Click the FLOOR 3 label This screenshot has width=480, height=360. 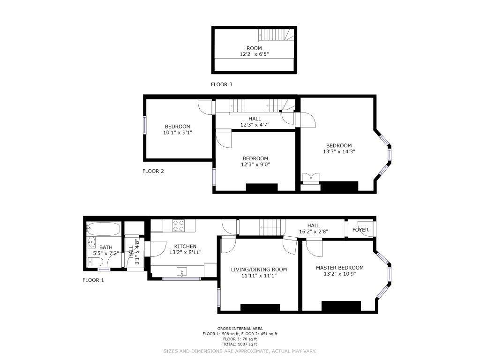[221, 84]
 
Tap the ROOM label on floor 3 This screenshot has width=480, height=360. [254, 48]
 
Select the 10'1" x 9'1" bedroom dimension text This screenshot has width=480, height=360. [178, 133]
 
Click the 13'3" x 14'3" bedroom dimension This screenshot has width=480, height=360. [339, 151]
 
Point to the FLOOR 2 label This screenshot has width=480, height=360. [153, 171]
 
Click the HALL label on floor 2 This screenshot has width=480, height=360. [255, 119]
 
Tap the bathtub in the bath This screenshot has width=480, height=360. [103, 229]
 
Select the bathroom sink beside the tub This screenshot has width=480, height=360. [91, 242]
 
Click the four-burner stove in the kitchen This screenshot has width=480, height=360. [179, 226]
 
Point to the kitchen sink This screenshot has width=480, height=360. [182, 271]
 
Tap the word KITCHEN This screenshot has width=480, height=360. [185, 247]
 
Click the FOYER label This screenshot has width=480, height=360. [360, 230]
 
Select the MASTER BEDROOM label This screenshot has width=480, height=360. [340, 268]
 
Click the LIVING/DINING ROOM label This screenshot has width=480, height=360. [259, 270]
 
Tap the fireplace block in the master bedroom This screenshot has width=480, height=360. [341, 306]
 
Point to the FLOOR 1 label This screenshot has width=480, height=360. [93, 280]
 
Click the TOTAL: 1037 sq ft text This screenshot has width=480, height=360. [240, 345]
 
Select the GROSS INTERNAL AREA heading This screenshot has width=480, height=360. [240, 329]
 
